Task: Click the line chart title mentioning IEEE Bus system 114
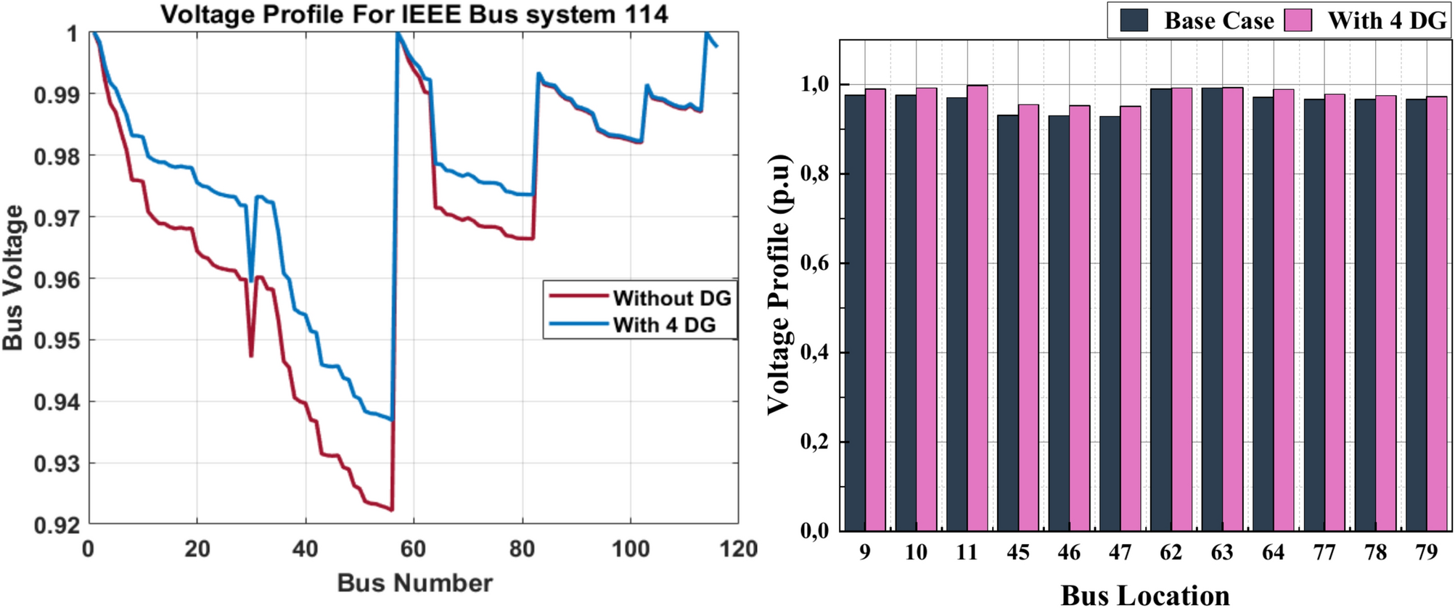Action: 414,15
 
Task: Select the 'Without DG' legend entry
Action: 671,298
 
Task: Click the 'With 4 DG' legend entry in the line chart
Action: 664,325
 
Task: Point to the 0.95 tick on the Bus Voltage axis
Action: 57,340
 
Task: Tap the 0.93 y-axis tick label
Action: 57,464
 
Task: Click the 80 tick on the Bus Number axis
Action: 522,549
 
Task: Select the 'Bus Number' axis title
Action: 414,583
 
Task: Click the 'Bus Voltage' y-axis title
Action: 13,277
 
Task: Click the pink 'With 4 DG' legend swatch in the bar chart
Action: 1298,20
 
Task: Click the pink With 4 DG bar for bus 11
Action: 977,308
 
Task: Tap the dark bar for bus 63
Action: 1211,310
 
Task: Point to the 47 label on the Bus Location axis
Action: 1120,553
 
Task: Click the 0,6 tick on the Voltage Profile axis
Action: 814,263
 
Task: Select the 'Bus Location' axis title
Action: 1145,595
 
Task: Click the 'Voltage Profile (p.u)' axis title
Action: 779,284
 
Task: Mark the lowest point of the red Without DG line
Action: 392,510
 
